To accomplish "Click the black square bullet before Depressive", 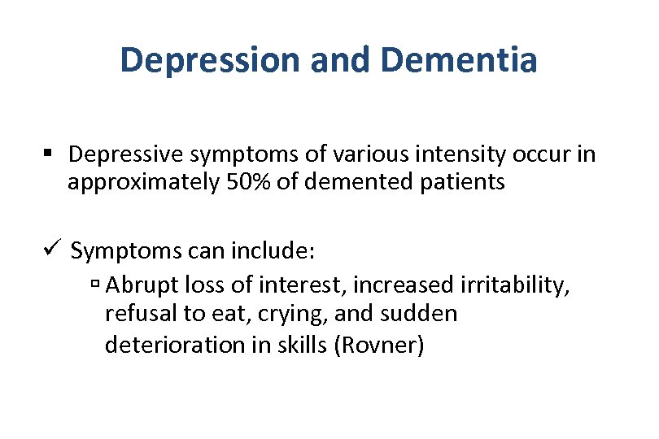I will (x=50, y=154).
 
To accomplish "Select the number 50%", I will (x=246, y=182).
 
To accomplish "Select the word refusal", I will (x=134, y=314).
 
